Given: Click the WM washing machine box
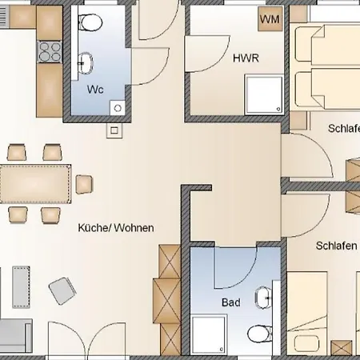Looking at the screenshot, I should [x=270, y=18].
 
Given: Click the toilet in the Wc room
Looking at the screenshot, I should [x=90, y=22].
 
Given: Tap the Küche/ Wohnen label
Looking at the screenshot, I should [x=115, y=228].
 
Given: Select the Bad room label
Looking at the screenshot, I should [x=230, y=303].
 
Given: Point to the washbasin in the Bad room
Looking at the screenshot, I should [x=263, y=299].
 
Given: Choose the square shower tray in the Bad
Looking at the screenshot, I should [x=209, y=334].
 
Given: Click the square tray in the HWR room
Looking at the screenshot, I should [x=263, y=94].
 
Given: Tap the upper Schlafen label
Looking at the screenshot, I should [x=342, y=128].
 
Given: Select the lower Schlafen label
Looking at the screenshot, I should [x=336, y=246].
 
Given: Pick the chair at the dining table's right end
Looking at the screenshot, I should [x=84, y=184].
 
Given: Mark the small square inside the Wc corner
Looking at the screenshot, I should [x=117, y=106].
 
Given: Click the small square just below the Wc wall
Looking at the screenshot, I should [x=114, y=129].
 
